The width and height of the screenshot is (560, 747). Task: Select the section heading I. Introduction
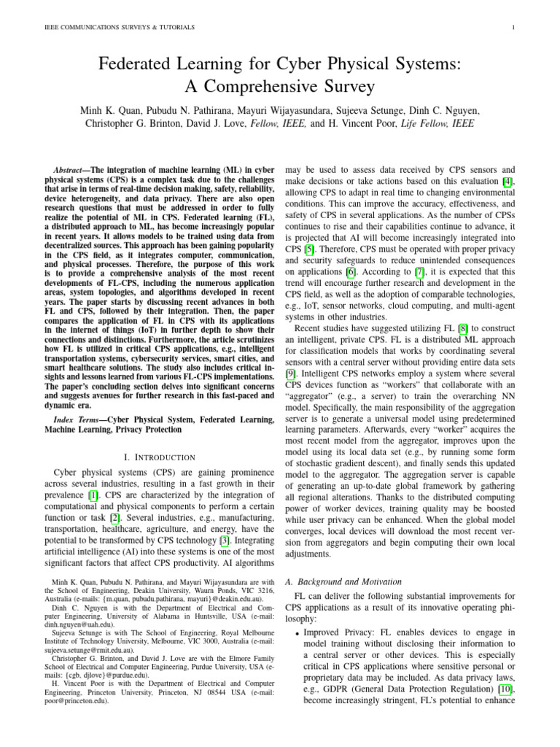pyautogui.click(x=160, y=457)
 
